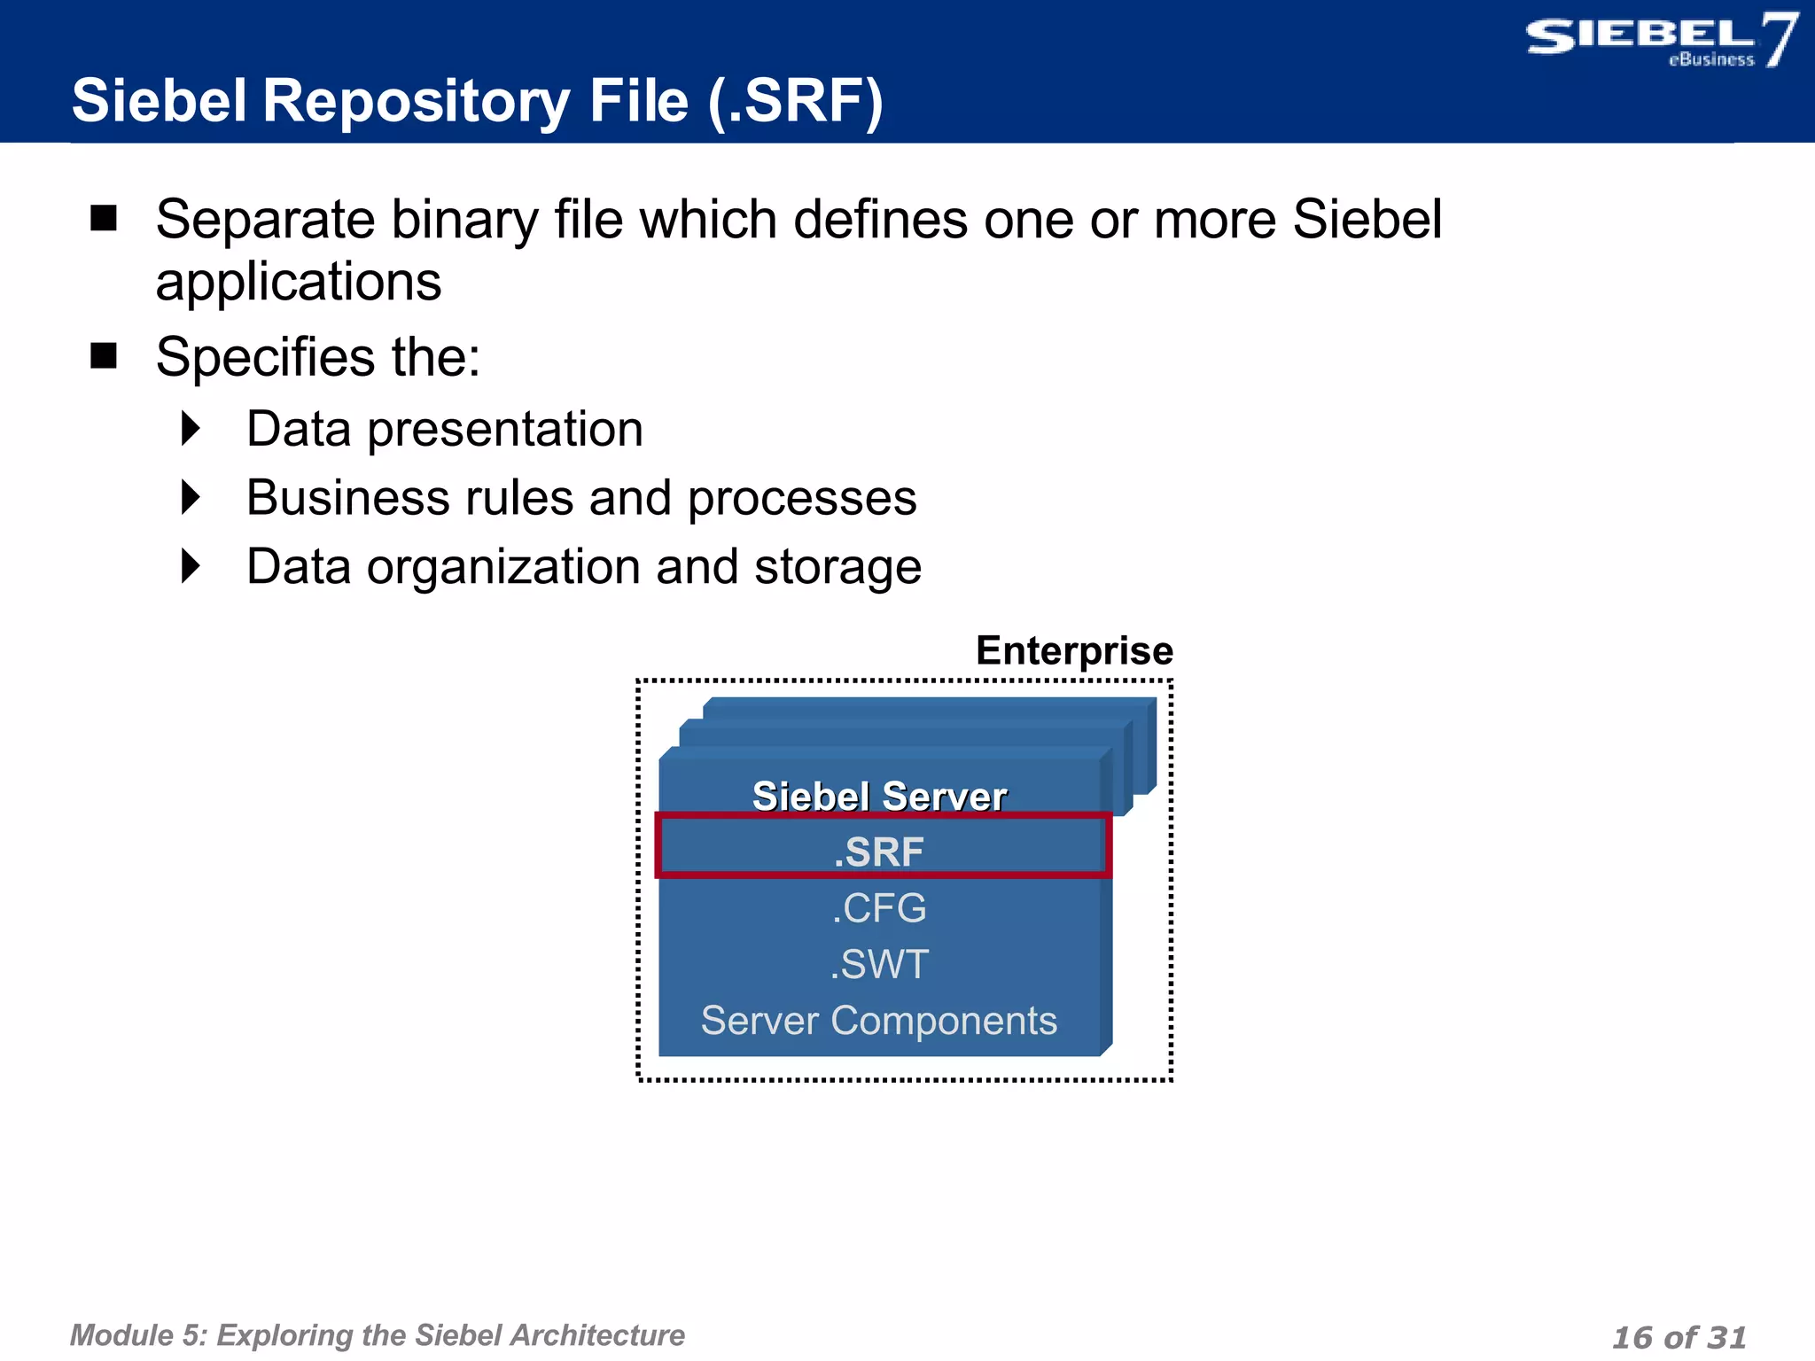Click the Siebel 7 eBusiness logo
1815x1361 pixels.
click(1659, 41)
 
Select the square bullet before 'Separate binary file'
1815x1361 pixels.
click(104, 218)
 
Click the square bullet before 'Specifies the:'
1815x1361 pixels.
click(104, 355)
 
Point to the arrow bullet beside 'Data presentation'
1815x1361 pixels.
click(191, 429)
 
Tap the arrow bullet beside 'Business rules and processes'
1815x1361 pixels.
click(191, 497)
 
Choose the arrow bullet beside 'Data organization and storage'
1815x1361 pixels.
click(191, 566)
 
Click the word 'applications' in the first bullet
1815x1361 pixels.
click(298, 282)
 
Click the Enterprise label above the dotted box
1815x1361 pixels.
click(1073, 650)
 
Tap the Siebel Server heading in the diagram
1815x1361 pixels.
click(878, 796)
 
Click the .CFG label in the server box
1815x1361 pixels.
click(878, 908)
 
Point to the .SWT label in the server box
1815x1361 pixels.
click(878, 964)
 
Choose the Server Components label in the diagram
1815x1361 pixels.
click(878, 1021)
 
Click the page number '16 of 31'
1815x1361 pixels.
click(1679, 1336)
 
